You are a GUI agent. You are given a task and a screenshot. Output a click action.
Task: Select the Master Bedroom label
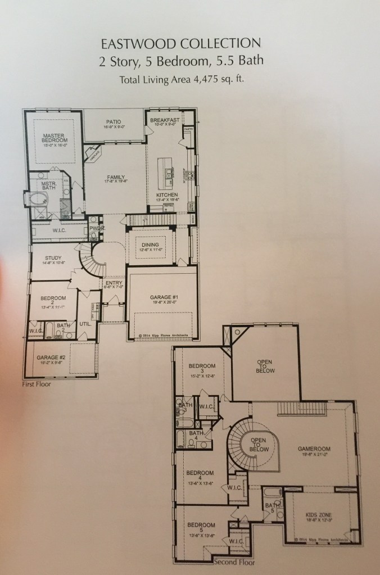[x=55, y=138]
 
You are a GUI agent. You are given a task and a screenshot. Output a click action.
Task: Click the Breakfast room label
[x=165, y=121]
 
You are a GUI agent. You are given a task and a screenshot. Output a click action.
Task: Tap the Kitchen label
[x=166, y=195]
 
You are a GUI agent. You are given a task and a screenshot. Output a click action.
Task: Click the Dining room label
[x=150, y=246]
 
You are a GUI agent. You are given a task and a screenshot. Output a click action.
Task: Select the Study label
[x=53, y=258]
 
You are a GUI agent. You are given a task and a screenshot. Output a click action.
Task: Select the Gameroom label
[x=313, y=449]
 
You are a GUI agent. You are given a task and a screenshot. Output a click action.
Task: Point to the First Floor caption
[x=37, y=385]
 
